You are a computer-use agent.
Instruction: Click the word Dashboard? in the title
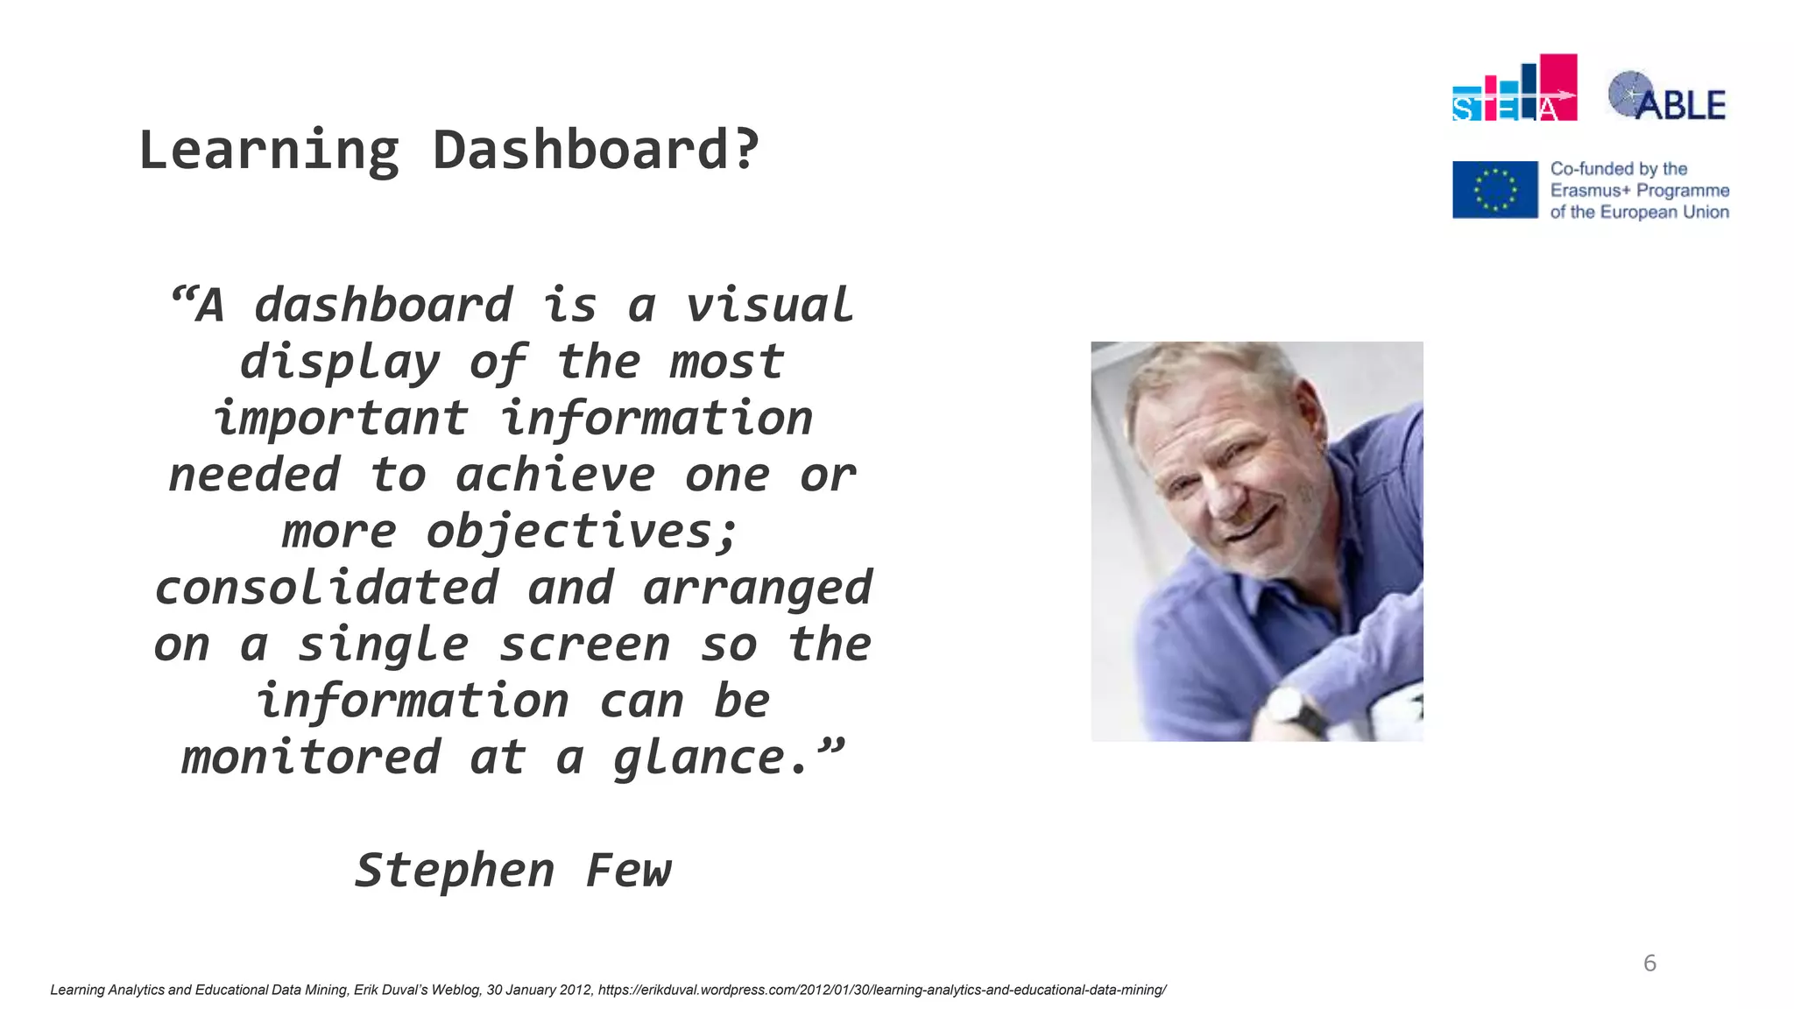[596, 151]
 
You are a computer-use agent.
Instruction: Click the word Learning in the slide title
[269, 151]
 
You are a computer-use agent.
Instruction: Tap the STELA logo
[1514, 88]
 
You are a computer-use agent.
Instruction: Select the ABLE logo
[1667, 96]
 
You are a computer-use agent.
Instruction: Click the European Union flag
[1494, 189]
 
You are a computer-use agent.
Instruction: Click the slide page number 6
[1649, 963]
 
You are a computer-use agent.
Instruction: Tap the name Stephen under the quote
[455, 871]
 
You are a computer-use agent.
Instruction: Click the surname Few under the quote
[628, 871]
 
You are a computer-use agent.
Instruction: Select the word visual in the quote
[768, 306]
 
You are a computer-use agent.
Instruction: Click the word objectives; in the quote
[583, 532]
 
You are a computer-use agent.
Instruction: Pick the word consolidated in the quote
[326, 588]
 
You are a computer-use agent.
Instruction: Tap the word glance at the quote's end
[698, 759]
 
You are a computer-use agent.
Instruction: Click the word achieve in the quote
[554, 476]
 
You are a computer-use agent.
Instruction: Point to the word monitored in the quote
[310, 758]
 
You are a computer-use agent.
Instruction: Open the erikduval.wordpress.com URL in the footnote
[882, 990]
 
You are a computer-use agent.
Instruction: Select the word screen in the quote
[584, 645]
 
